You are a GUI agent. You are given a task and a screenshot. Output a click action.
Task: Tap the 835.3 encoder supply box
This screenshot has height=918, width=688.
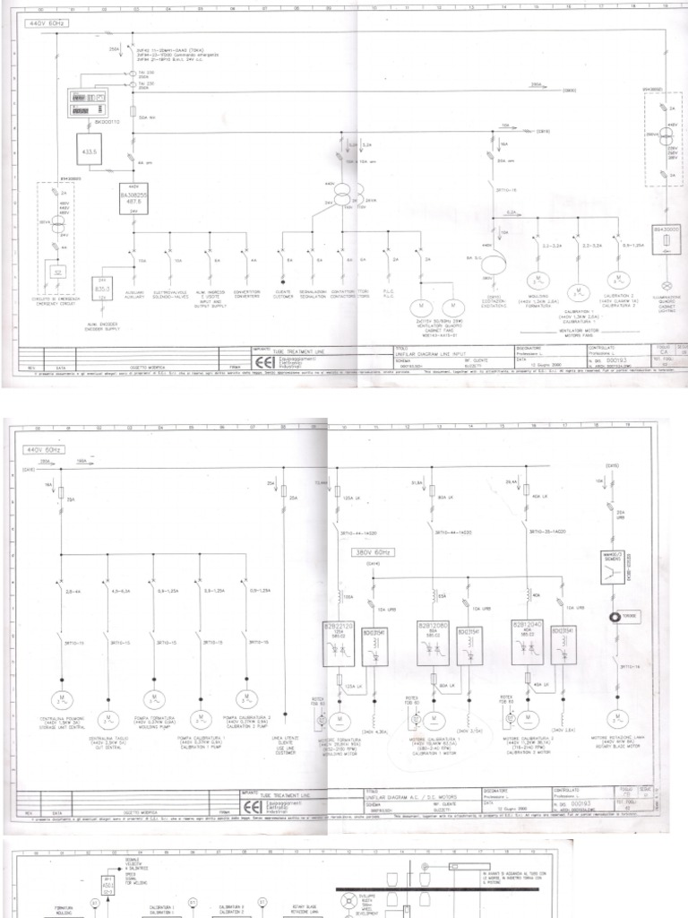(x=103, y=290)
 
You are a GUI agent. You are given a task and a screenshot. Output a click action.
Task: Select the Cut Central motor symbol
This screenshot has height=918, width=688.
(x=107, y=721)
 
